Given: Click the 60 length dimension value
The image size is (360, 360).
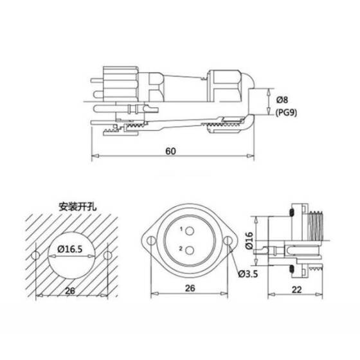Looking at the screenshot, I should [170, 151].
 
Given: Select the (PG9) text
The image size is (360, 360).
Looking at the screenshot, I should [287, 112].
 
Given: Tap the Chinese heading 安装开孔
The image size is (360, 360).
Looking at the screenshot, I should [76, 207].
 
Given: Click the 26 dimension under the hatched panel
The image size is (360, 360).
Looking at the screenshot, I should [71, 290].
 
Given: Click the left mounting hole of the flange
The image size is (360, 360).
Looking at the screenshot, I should [150, 242].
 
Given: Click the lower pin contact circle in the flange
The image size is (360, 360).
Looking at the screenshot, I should [190, 252].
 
